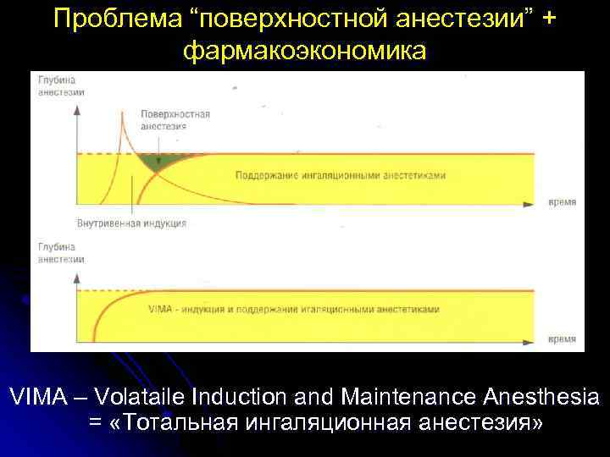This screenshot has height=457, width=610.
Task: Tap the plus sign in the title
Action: (x=549, y=19)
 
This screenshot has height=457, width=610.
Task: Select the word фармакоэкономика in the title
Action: (x=305, y=51)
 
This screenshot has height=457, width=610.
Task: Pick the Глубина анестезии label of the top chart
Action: (x=58, y=86)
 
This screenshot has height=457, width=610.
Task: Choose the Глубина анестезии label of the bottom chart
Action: (x=58, y=251)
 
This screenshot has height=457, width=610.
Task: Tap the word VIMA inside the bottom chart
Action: (x=159, y=310)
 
